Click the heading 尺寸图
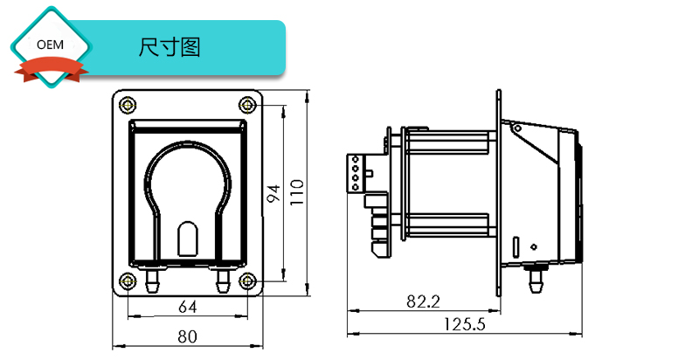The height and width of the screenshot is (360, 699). point(170,47)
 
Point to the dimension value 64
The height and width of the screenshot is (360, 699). point(187,307)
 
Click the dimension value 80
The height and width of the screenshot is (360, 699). point(187,335)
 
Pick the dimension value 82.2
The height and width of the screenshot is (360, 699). point(422,301)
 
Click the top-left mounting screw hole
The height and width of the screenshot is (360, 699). point(128,106)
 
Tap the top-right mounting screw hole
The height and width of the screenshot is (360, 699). point(248,106)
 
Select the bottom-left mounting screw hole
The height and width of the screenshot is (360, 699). point(128,280)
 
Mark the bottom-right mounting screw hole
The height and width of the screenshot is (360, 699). point(248,280)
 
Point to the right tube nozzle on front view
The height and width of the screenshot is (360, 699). point(222,280)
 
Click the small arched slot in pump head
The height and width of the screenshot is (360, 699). point(188,239)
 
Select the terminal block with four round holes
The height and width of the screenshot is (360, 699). point(356,173)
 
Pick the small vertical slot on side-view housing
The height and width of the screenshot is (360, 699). point(516,246)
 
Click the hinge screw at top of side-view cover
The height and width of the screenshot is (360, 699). point(516,129)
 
